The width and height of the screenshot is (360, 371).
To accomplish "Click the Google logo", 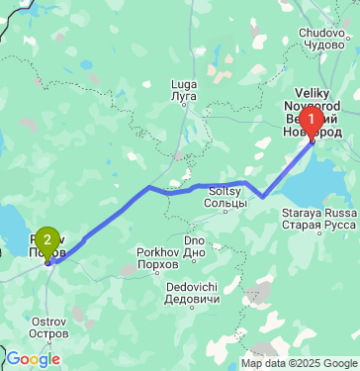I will coord(34,359).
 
